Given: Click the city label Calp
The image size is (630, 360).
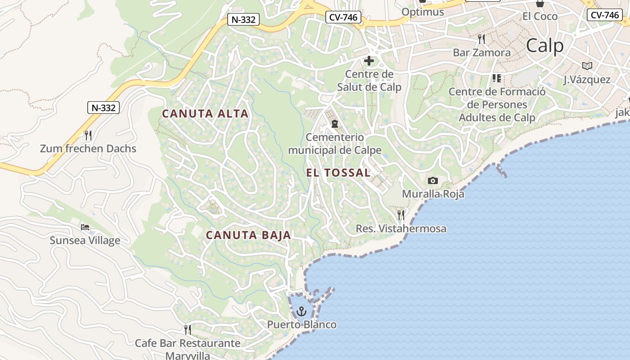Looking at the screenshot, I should click(x=544, y=46).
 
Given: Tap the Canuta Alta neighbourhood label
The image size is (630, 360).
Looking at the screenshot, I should click(x=205, y=114).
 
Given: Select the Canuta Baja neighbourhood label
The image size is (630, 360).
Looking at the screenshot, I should click(x=248, y=235).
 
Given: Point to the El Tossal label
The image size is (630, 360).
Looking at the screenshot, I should click(x=338, y=173).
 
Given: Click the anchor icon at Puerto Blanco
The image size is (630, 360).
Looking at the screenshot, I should click(x=301, y=311).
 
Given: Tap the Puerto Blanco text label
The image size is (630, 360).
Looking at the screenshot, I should click(x=301, y=324).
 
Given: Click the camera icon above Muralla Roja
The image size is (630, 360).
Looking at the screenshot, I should click(x=433, y=181).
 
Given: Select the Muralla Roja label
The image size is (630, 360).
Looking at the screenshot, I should click(x=433, y=194).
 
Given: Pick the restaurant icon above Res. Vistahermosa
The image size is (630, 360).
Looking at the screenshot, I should click(x=401, y=215).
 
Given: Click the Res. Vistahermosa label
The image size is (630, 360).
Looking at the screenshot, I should click(x=401, y=229).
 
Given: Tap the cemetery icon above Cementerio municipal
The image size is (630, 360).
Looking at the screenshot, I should click(x=334, y=123).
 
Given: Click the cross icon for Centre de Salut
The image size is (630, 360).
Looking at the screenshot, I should click(x=369, y=61).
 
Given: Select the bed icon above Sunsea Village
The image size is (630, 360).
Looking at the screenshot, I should click(x=85, y=227).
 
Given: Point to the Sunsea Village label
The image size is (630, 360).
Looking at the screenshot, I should click(x=85, y=240).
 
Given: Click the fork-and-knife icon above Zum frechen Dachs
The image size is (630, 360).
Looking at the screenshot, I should click(x=88, y=135).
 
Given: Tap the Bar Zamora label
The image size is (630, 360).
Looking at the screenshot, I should click(x=481, y=53).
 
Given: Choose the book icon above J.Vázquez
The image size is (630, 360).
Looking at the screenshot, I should click(x=587, y=66).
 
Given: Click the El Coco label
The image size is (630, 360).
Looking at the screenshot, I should click(x=540, y=17).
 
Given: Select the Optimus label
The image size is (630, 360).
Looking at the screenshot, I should click(x=423, y=12).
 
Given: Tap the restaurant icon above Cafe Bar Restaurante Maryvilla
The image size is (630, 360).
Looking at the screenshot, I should click(x=188, y=330).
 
